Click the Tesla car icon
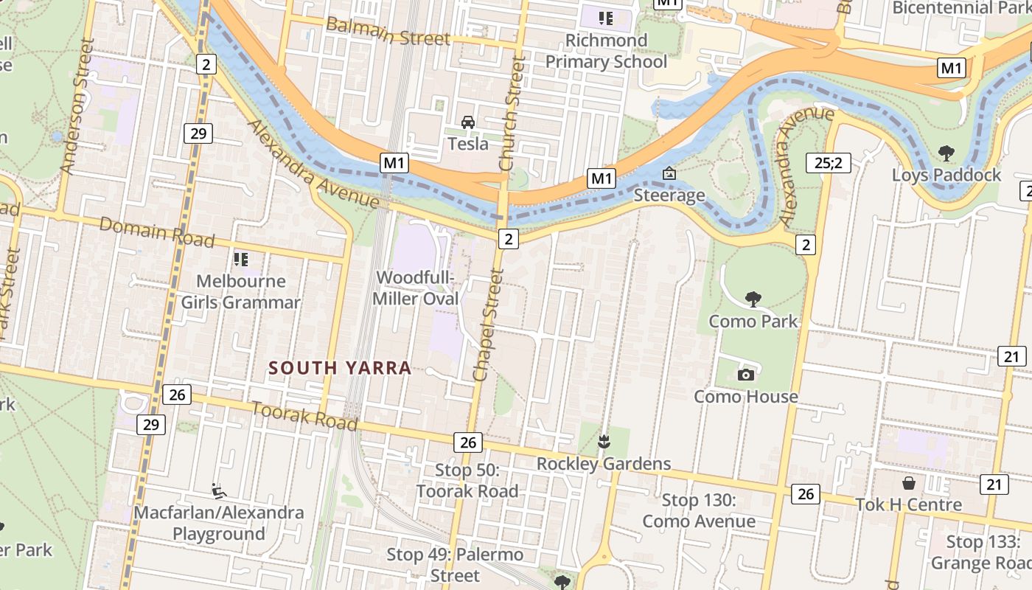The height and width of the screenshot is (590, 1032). pyautogui.click(x=467, y=122)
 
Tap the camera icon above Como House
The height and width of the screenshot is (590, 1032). pyautogui.click(x=746, y=375)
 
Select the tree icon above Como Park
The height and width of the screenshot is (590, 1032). pyautogui.click(x=753, y=299)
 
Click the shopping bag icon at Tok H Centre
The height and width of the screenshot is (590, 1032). pyautogui.click(x=909, y=482)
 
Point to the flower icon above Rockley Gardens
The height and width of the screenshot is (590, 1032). pyautogui.click(x=604, y=442)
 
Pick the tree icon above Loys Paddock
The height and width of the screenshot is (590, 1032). pyautogui.click(x=946, y=153)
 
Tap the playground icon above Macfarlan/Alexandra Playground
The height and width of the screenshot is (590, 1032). pyautogui.click(x=219, y=490)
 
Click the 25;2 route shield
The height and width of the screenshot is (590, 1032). pyautogui.click(x=829, y=162)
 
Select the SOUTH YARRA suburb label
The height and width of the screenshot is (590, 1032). pyautogui.click(x=340, y=367)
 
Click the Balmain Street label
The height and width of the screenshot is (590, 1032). pyautogui.click(x=387, y=32)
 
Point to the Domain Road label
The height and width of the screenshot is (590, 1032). pyautogui.click(x=157, y=232)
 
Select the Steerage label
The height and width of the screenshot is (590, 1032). pyautogui.click(x=669, y=195)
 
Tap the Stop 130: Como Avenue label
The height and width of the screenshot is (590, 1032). pyautogui.click(x=698, y=511)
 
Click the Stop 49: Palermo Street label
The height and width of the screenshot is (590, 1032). pyautogui.click(x=455, y=564)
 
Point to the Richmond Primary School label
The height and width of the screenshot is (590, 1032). pyautogui.click(x=606, y=50)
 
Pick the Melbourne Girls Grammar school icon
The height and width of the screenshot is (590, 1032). pyautogui.click(x=240, y=259)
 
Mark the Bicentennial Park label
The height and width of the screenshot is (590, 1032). pyautogui.click(x=961, y=8)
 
